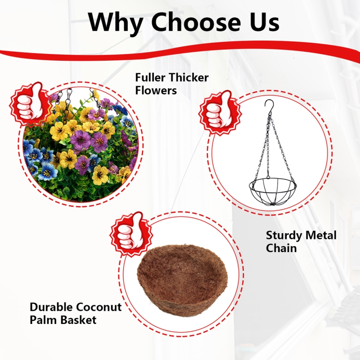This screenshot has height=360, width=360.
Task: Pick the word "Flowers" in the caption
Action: (x=156, y=90)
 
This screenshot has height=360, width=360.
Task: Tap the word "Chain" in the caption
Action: (x=281, y=248)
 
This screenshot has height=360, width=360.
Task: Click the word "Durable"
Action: (x=51, y=307)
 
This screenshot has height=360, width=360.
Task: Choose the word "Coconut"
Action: (x=99, y=307)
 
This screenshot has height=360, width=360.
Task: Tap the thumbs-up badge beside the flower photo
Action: (x=30, y=104)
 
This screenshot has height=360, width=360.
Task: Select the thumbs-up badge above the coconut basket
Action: (x=131, y=234)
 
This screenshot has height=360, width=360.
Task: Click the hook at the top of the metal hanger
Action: (x=269, y=106)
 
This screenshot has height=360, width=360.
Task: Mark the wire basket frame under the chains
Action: (x=273, y=192)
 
